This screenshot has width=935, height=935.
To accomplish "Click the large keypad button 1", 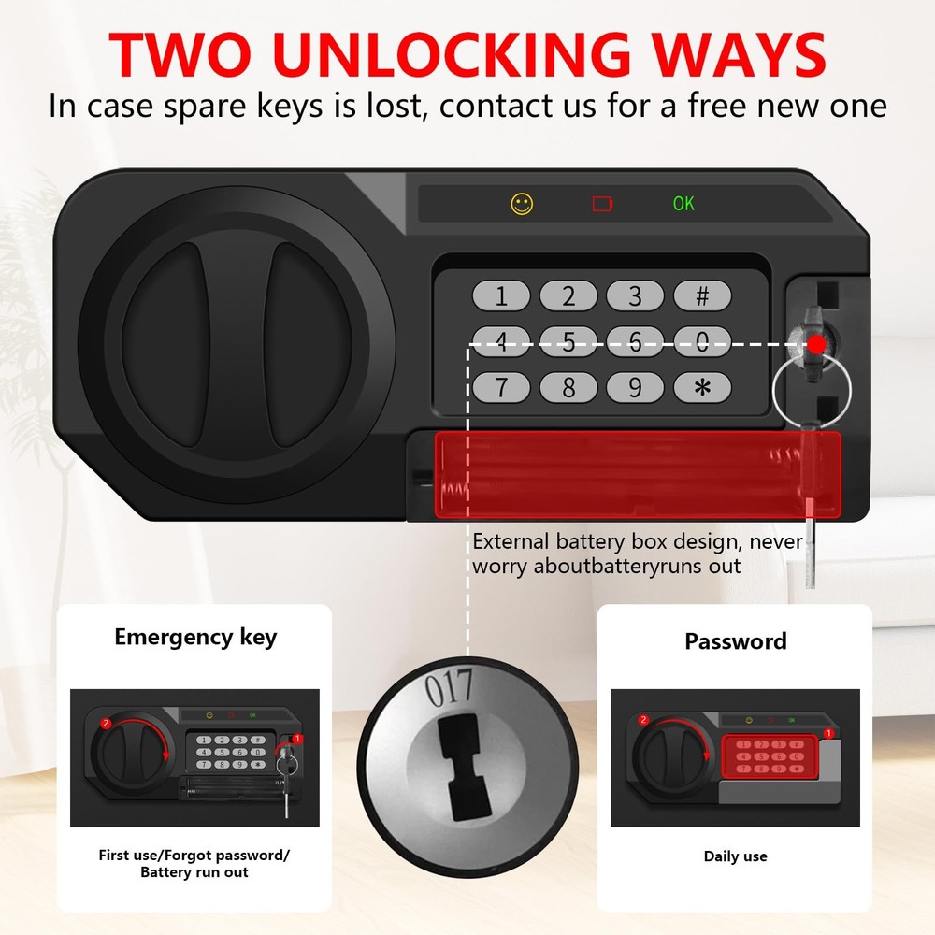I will pos(501,296).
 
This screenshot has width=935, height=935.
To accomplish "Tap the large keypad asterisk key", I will pos(702,386).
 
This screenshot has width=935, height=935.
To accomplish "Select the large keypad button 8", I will pos(568,386).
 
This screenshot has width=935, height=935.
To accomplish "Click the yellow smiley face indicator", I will pos(522,203).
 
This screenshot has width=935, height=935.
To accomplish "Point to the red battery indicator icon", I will pos(603,203).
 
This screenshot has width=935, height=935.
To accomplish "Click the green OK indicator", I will pos(683,203).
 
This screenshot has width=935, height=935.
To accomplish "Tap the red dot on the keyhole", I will pos(816,344).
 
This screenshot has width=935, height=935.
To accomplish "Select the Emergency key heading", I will pos(195,638).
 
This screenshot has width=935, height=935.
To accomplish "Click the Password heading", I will pos(735,641).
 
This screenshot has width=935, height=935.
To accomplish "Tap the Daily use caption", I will pos(735,856).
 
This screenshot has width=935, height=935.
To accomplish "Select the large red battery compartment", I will pos(636,474).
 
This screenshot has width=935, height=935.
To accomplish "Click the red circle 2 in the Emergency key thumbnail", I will pos(106,724).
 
